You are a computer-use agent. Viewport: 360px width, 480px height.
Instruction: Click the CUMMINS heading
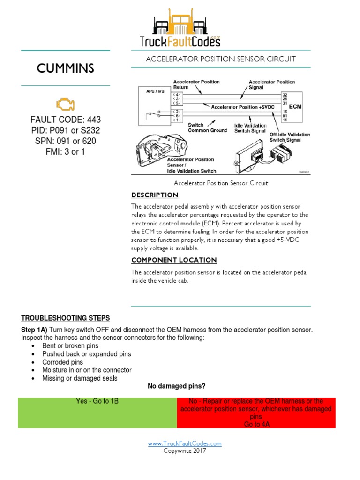(66, 68)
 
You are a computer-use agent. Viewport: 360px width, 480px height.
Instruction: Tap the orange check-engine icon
(65, 104)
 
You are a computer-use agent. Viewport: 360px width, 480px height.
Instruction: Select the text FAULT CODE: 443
(66, 120)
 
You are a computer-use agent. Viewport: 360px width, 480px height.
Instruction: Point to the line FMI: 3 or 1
(66, 151)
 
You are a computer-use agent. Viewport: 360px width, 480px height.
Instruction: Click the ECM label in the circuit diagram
(295, 106)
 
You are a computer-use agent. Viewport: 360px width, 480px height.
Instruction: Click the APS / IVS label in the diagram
(150, 92)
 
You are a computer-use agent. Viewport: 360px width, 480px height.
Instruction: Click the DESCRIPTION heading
(155, 195)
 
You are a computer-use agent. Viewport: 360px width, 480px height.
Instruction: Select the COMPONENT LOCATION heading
(174, 260)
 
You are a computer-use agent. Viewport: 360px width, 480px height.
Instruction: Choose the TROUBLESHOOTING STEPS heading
(66, 318)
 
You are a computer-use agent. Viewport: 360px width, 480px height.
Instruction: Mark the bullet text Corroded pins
(62, 362)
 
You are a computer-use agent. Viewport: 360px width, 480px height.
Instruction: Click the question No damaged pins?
(177, 386)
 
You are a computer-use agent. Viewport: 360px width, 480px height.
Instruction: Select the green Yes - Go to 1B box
(97, 412)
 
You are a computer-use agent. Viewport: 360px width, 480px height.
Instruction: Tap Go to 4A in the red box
(256, 424)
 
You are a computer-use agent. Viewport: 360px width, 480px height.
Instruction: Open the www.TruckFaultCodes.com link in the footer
(185, 443)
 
